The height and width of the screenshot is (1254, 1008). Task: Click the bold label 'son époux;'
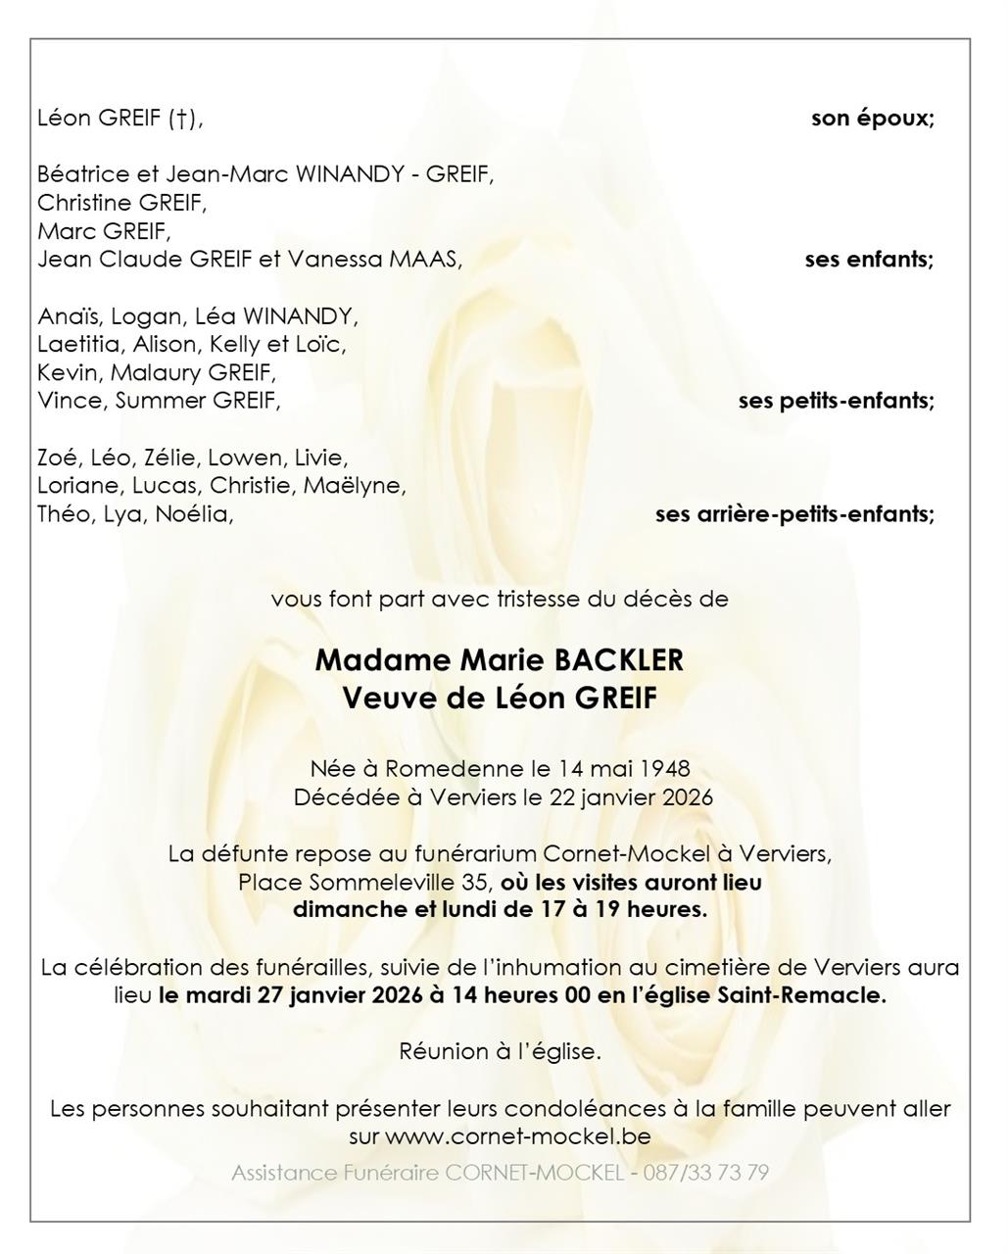click(x=872, y=119)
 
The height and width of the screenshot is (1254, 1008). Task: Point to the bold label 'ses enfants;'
click(x=869, y=260)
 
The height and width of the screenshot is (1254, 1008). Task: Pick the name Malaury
click(x=154, y=372)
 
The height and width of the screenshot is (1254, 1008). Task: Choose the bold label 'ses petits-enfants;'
click(x=836, y=401)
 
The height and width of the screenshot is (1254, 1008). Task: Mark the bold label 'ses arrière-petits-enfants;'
click(x=794, y=513)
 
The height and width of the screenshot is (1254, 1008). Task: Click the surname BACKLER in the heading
click(x=619, y=660)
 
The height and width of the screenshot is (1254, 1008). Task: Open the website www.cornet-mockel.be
click(x=517, y=1137)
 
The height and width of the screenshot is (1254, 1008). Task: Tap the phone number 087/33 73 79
click(x=705, y=1173)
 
